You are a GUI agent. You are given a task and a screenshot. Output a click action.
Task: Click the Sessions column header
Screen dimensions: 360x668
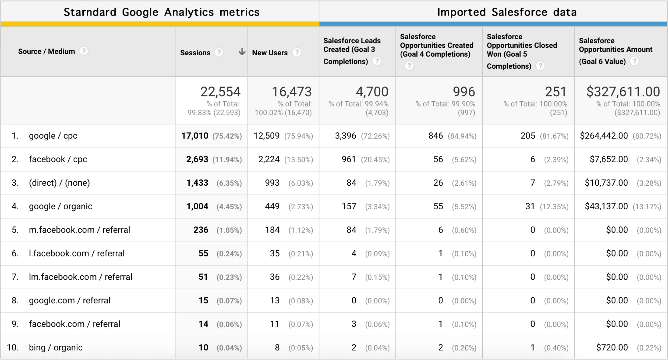coord(195,53)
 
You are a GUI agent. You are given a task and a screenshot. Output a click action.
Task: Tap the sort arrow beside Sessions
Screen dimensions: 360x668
coord(242,52)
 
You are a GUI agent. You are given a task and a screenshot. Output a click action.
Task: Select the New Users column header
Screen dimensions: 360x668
coord(270,53)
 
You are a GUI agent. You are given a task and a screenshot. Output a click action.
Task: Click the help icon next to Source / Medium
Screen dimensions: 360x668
coord(84,51)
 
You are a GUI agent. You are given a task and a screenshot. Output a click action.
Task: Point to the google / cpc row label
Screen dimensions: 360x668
coord(53,136)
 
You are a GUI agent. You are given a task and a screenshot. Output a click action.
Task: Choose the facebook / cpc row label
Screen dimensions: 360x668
coord(58,159)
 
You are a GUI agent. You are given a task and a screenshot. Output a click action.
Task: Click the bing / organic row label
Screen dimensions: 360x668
coord(56,347)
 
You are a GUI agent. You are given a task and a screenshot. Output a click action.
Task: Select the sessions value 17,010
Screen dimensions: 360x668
coord(195,136)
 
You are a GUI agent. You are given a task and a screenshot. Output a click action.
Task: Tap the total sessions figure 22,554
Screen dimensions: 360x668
coord(220,92)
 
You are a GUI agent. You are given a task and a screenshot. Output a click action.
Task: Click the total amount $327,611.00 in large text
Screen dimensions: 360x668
coord(623,92)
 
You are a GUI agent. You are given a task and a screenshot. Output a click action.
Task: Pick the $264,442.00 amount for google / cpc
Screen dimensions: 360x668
coord(604,136)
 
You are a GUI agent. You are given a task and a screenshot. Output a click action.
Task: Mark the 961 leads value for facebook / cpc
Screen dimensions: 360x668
coord(349,159)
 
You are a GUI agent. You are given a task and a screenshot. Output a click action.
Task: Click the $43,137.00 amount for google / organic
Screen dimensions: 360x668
coord(606,206)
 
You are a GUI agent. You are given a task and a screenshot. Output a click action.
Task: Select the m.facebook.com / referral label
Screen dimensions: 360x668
coord(79,230)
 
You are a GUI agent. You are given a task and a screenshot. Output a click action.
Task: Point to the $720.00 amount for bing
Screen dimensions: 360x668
coord(612,347)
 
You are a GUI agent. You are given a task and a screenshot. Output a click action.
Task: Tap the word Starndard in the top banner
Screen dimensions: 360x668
coord(90,12)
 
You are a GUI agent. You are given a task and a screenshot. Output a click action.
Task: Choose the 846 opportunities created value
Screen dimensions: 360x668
coord(435,136)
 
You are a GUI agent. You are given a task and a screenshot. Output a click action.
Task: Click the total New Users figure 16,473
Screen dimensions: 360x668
coord(291,92)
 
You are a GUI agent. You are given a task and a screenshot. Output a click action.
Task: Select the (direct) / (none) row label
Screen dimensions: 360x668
coord(59,183)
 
